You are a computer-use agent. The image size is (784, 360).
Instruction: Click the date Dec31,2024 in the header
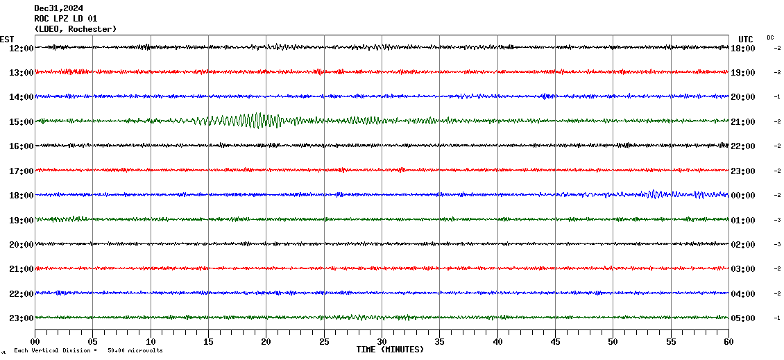click(58, 8)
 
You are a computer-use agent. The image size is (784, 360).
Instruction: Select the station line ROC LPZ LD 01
click(65, 19)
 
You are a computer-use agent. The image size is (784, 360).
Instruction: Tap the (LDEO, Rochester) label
click(75, 29)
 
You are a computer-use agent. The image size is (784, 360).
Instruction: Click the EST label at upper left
click(7, 39)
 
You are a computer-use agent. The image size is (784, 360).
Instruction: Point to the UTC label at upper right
click(746, 39)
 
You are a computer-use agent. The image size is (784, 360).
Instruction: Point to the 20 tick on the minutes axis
click(266, 341)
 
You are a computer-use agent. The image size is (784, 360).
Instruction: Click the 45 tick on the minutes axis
click(555, 341)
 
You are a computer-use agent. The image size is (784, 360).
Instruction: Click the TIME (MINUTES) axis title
click(390, 350)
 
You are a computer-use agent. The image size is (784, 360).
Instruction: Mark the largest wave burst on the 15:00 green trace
click(258, 121)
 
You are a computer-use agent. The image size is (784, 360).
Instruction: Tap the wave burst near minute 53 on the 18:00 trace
click(652, 194)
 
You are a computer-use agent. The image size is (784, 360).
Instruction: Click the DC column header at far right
click(770, 37)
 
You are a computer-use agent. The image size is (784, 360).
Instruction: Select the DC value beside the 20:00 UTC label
click(777, 96)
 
